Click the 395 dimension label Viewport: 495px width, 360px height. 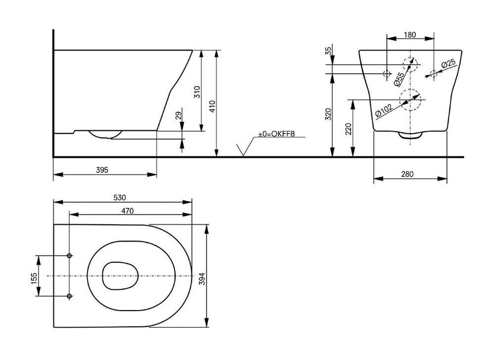(102, 170)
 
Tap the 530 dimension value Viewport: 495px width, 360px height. (120, 198)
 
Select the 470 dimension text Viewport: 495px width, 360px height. (128, 210)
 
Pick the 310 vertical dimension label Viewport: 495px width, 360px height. (197, 92)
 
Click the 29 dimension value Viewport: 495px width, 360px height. (179, 115)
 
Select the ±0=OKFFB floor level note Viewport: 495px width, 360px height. (276, 134)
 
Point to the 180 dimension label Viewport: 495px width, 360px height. (410, 35)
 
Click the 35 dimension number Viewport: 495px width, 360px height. (329, 51)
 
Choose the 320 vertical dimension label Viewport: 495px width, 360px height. (328, 114)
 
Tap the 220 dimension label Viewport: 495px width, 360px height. (348, 129)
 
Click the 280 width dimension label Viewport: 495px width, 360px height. (407, 174)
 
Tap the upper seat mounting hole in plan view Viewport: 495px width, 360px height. (69, 256)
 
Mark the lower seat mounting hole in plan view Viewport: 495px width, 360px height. (69, 296)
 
